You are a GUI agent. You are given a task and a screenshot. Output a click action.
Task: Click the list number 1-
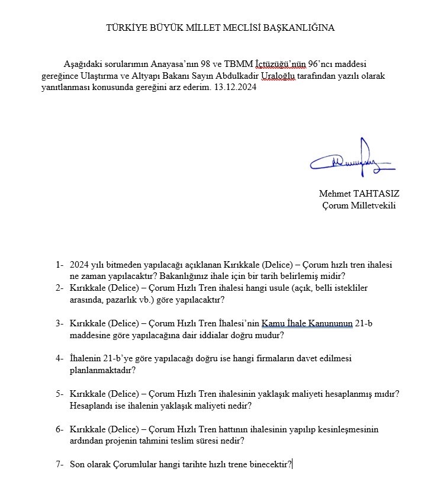(59, 265)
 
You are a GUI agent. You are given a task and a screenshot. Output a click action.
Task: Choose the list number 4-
(59, 358)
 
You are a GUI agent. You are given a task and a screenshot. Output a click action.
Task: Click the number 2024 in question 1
(79, 265)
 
